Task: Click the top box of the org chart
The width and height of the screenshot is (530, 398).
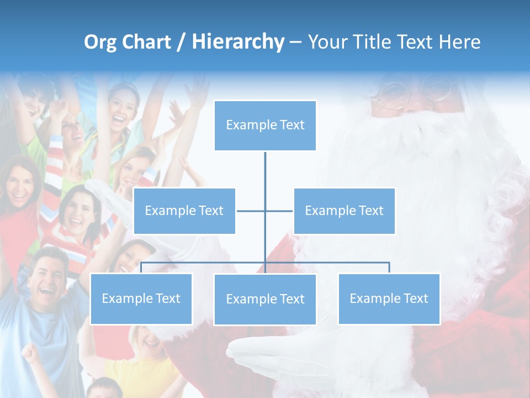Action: (x=265, y=125)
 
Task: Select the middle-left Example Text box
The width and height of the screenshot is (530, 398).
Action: (x=184, y=211)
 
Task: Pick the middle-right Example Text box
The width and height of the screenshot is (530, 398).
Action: (x=344, y=211)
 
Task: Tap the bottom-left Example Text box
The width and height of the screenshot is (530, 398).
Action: (x=141, y=298)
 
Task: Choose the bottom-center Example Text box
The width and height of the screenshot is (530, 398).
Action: (x=265, y=299)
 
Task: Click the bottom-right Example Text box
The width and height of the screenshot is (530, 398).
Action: (x=389, y=298)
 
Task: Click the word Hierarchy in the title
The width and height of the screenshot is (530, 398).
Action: (x=238, y=42)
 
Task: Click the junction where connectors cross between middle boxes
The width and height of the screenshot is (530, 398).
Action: (x=265, y=211)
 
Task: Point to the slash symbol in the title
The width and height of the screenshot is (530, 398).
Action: (x=181, y=42)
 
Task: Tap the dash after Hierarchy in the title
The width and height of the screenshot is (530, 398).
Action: (x=295, y=42)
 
